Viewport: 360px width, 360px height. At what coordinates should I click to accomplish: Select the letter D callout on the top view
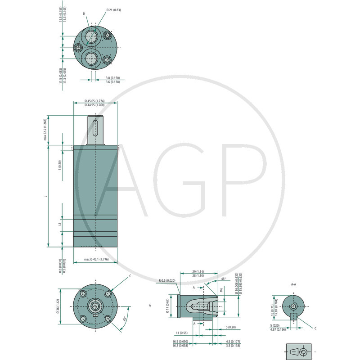tap(84, 14)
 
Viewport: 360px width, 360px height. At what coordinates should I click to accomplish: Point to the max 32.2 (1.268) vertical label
tap(45, 130)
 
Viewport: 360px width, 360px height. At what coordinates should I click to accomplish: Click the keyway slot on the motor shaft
tap(95, 128)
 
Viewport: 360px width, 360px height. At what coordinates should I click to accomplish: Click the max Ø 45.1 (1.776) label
tap(95, 260)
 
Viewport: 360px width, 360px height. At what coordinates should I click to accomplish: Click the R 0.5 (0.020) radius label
tap(167, 281)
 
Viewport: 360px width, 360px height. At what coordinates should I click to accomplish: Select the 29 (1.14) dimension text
tap(198, 272)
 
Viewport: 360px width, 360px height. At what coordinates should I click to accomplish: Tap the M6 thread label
tap(221, 290)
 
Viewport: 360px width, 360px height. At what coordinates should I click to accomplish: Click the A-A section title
tap(293, 284)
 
